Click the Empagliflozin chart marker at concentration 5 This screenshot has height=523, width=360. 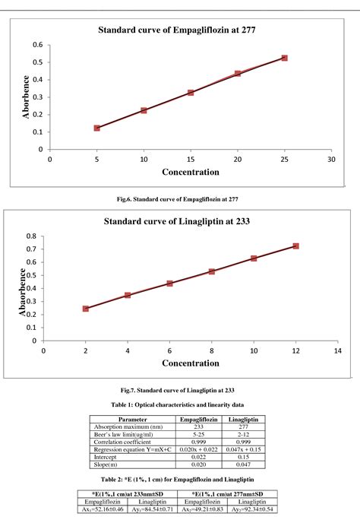[97, 128]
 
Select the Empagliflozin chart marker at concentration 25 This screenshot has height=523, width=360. [285, 58]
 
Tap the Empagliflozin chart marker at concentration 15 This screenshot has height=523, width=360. [191, 93]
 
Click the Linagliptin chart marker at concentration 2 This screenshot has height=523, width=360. [86, 309]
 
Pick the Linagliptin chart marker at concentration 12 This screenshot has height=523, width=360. [296, 246]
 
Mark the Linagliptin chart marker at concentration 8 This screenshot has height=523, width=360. [212, 271]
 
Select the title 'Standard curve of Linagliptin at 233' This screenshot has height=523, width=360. [187, 222]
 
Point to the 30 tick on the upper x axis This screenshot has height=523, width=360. [331, 160]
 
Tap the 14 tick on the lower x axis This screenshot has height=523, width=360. [338, 351]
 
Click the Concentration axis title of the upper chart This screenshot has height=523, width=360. [190, 173]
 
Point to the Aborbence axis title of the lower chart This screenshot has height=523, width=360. [24, 290]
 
